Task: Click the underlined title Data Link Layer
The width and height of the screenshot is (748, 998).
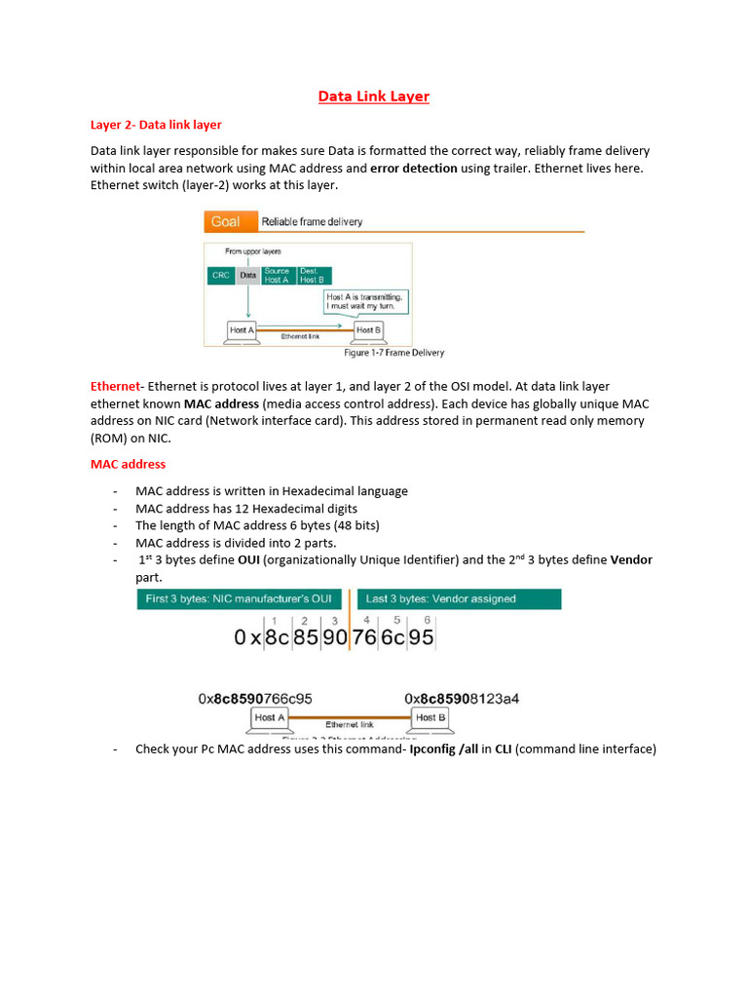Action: point(374,96)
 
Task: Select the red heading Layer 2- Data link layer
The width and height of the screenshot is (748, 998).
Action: point(156,125)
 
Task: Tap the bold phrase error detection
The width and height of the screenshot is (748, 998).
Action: point(414,168)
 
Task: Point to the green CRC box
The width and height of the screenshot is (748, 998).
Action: point(221,276)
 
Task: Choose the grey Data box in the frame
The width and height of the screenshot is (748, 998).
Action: point(248,276)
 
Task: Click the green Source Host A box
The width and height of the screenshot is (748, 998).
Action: point(277,276)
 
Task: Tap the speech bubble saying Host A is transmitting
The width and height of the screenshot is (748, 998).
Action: point(364,300)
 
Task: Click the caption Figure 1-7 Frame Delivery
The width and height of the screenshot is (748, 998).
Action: point(393,353)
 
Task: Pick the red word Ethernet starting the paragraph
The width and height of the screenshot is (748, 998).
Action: point(115,387)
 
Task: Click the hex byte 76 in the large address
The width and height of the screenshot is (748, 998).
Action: point(364,638)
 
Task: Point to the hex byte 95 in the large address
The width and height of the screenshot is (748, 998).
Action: point(422,638)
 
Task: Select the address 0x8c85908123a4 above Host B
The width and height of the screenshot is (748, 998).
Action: point(462,699)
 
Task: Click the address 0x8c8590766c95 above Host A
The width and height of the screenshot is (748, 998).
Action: point(255,699)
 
